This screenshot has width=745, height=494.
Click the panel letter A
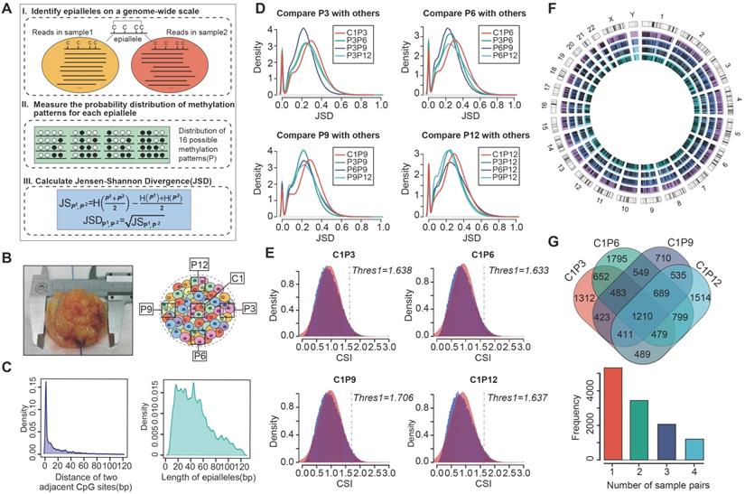point(8,8)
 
